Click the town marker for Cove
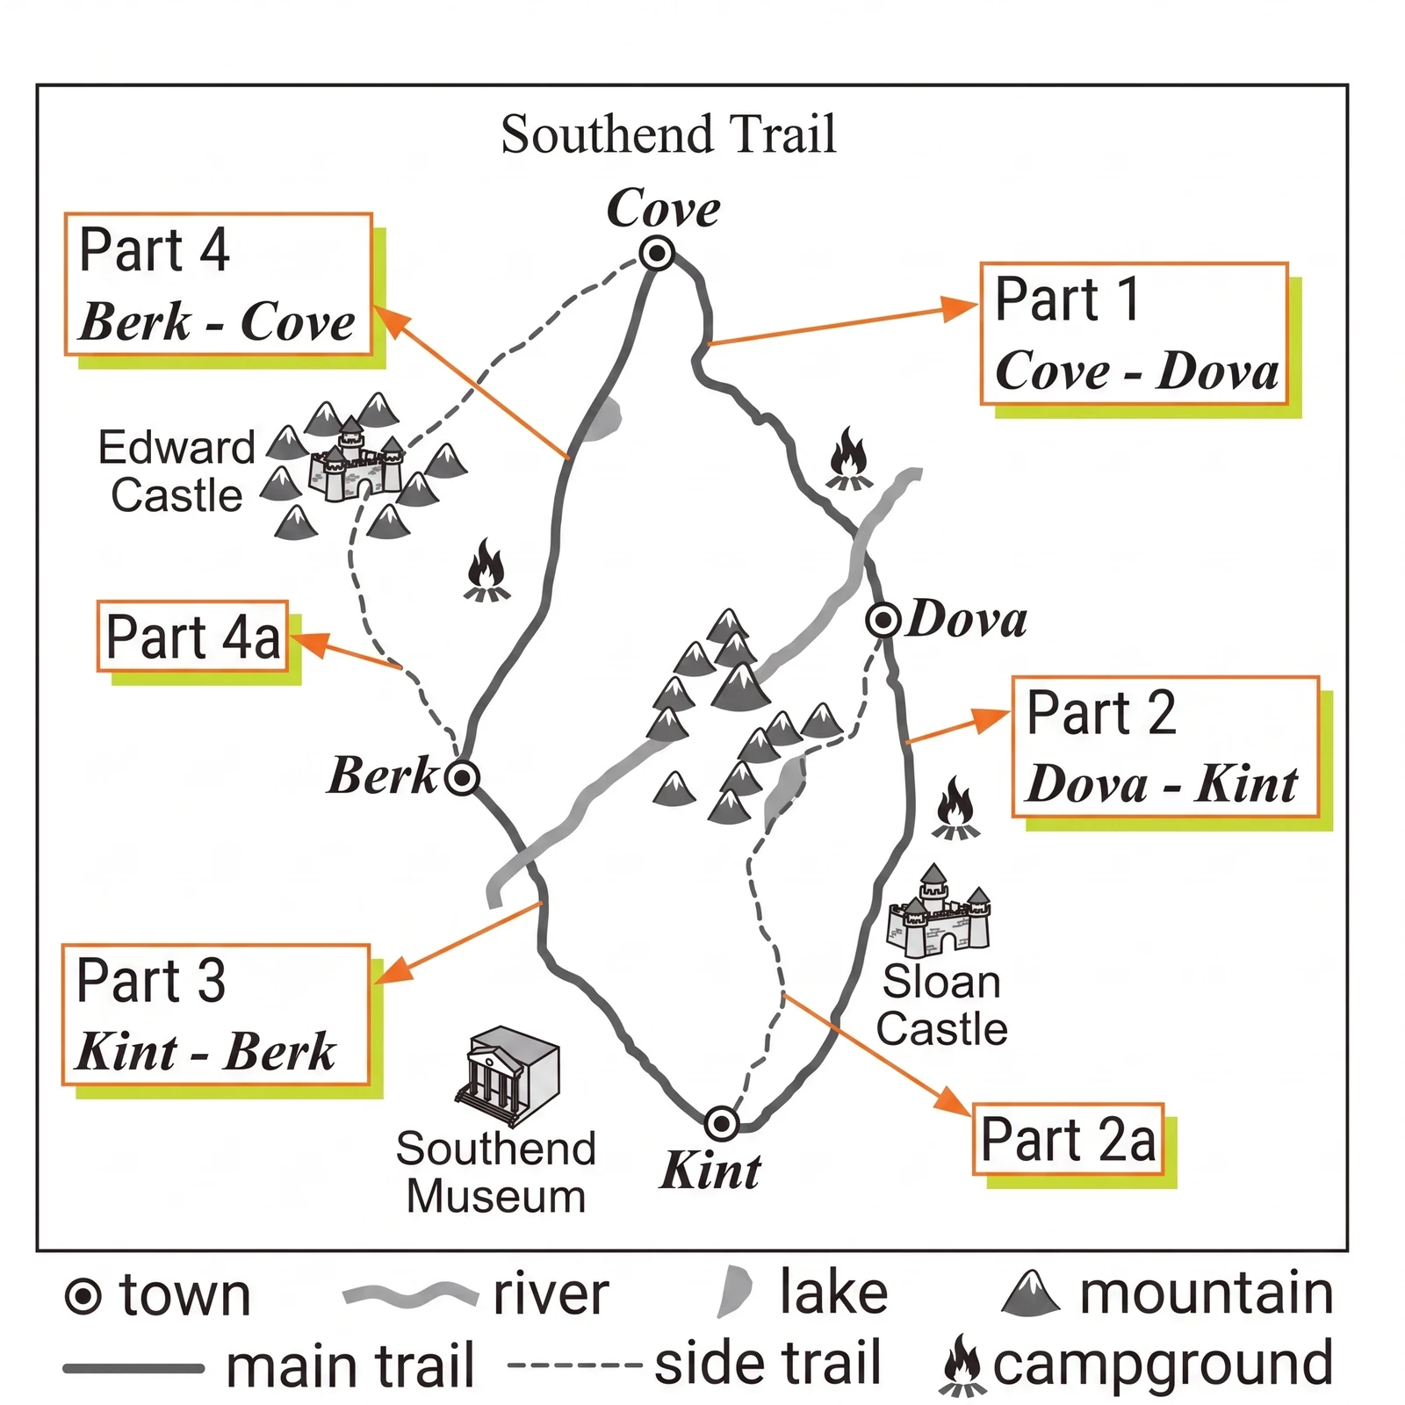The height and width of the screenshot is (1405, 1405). (657, 253)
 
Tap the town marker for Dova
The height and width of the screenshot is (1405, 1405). (883, 620)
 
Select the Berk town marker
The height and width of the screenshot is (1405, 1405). (462, 777)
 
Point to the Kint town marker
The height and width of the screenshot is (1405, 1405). (722, 1122)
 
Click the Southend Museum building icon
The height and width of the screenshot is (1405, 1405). (508, 1076)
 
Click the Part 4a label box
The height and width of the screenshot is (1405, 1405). (193, 637)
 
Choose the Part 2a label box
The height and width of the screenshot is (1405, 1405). (1068, 1139)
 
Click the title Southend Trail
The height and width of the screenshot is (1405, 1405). (668, 134)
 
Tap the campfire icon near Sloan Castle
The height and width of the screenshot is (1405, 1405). (956, 808)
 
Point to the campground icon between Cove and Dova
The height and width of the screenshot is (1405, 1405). (849, 458)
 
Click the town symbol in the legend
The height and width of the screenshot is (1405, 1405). (83, 1296)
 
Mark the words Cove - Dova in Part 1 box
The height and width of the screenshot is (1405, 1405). (1136, 371)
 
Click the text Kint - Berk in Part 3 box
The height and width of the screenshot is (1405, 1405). (205, 1051)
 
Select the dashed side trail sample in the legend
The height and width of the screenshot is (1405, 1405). (575, 1365)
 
